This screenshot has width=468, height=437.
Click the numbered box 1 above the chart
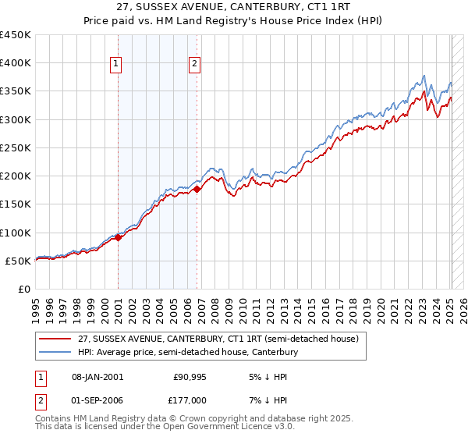116,65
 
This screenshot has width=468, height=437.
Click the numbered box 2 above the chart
194,65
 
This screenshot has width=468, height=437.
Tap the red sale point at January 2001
118,237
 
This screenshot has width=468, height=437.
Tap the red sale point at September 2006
197,189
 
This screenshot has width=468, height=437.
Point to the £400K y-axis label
16,63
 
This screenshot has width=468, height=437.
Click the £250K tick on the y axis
16,147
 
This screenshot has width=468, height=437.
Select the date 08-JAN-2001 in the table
96,376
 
